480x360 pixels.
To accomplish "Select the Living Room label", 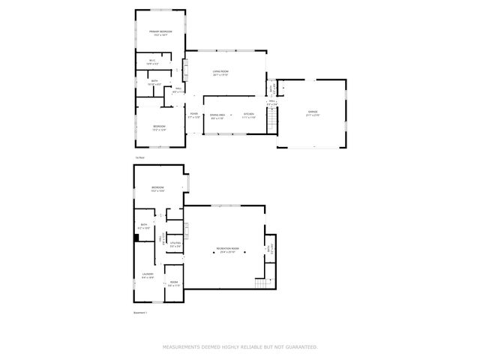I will tap(220, 71).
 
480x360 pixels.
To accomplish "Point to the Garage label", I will tap(312, 113).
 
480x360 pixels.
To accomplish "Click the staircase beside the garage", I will tap(273, 118).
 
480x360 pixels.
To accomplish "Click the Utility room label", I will tap(175, 244).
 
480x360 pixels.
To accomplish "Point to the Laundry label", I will tap(148, 274).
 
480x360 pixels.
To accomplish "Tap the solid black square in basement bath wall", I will tap(136, 238).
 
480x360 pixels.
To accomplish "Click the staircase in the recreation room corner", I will tap(261, 283).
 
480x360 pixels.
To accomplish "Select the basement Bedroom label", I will tap(157, 187).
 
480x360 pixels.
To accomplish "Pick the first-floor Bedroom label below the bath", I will tap(159, 125).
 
